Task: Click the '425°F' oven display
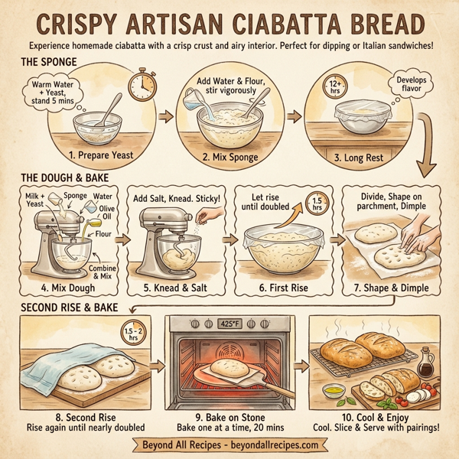(x=229, y=324)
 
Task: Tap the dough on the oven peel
(x=227, y=369)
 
